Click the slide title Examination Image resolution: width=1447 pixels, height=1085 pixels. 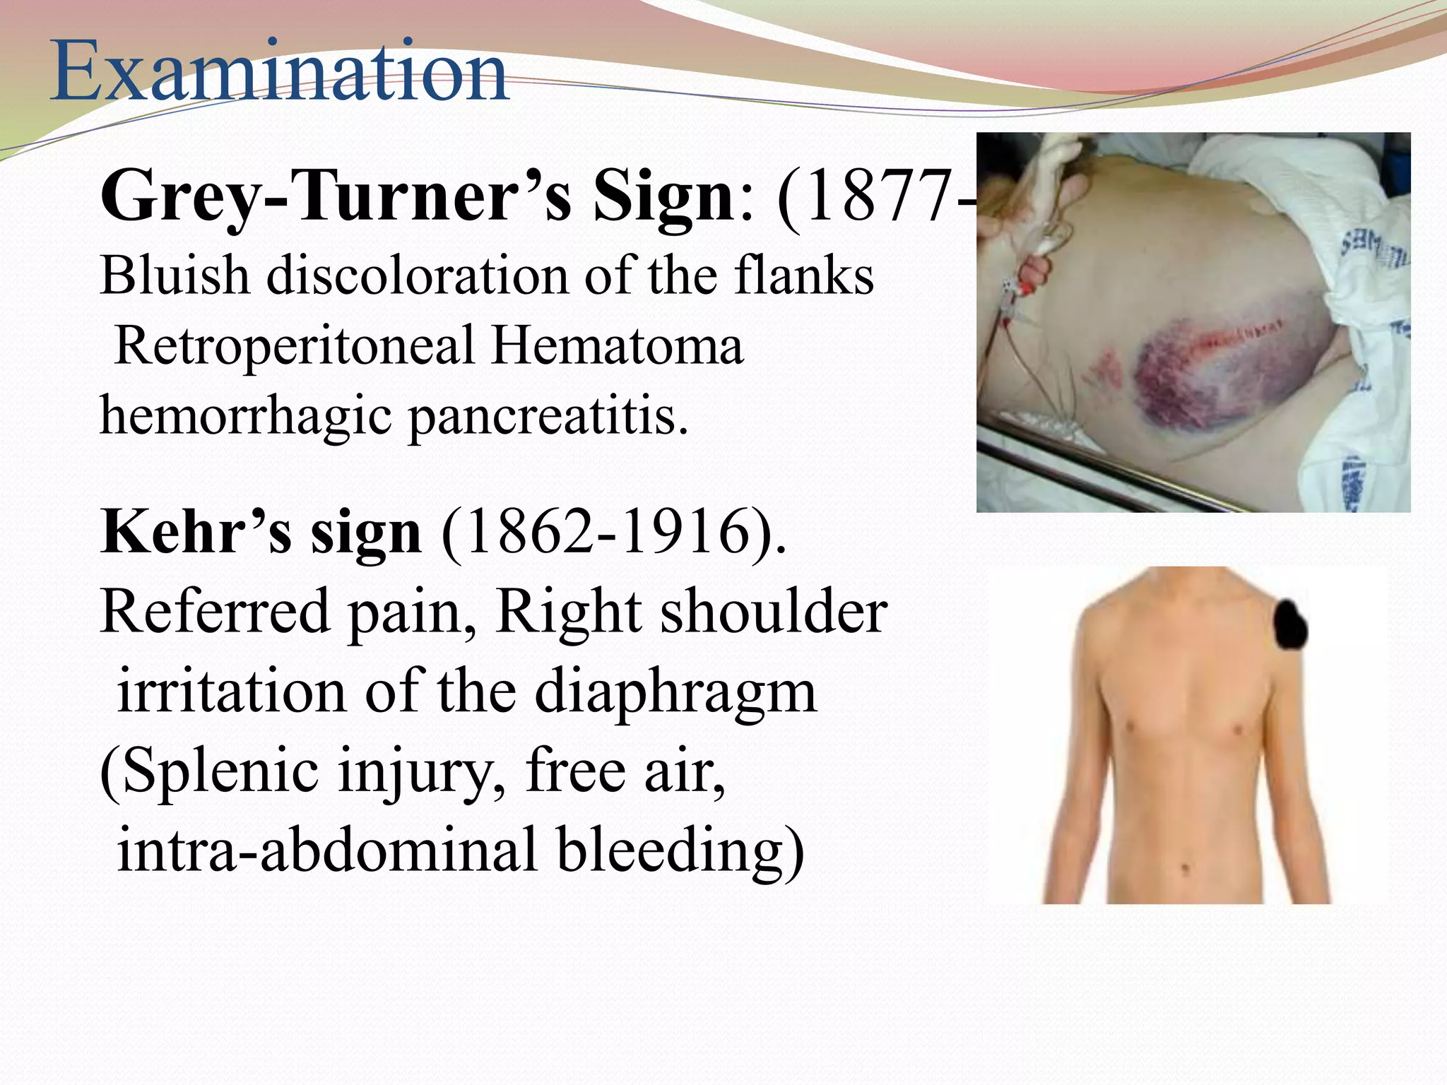[x=279, y=72]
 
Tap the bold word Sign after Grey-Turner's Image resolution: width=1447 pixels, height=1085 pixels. [x=664, y=197]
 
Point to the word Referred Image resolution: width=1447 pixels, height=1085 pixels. [x=215, y=611]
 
